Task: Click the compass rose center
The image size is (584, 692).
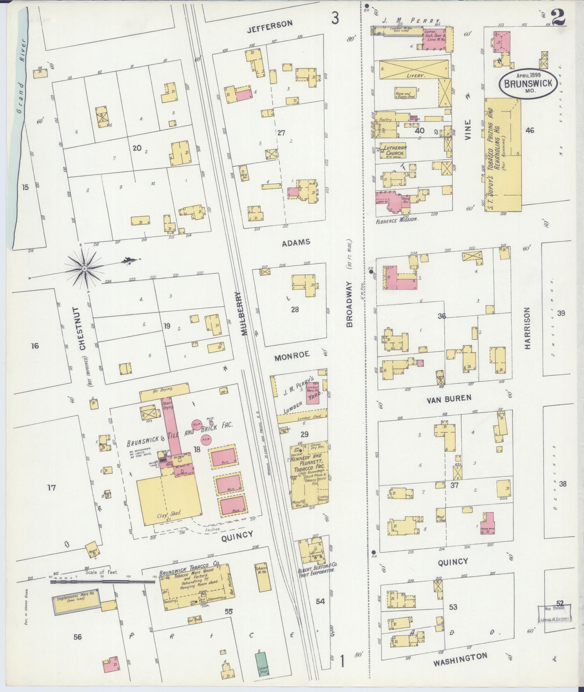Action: (x=84, y=269)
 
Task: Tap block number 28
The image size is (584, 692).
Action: (x=295, y=310)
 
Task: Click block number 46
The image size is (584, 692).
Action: (x=530, y=130)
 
